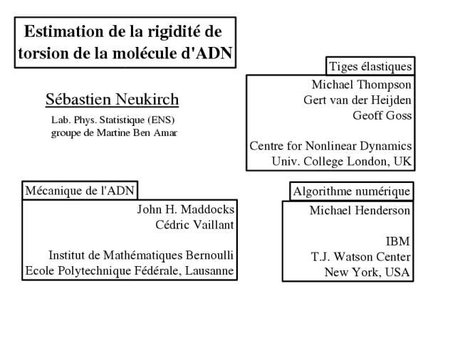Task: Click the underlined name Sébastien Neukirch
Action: pyautogui.click(x=112, y=100)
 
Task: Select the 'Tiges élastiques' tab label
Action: pyautogui.click(x=370, y=67)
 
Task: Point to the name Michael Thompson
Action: pyautogui.click(x=362, y=85)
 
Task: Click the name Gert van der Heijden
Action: pyautogui.click(x=357, y=100)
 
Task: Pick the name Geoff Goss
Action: pyautogui.click(x=382, y=115)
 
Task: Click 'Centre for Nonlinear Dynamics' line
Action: pyautogui.click(x=330, y=146)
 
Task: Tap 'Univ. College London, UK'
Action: pyautogui.click(x=342, y=162)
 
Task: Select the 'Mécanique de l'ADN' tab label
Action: pyautogui.click(x=80, y=191)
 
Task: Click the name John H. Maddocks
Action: pyautogui.click(x=186, y=209)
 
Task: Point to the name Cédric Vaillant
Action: pyautogui.click(x=195, y=225)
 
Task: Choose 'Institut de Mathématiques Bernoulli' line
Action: pyautogui.click(x=141, y=255)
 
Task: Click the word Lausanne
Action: pyautogui.click(x=209, y=271)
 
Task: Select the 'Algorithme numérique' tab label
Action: pyautogui.click(x=352, y=191)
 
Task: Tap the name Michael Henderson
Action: pyautogui.click(x=360, y=211)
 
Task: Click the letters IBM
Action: pyautogui.click(x=398, y=241)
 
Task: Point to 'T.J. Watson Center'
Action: pyautogui.click(x=361, y=257)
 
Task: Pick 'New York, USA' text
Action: pyautogui.click(x=367, y=272)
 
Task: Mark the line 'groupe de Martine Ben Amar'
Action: pyautogui.click(x=114, y=133)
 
